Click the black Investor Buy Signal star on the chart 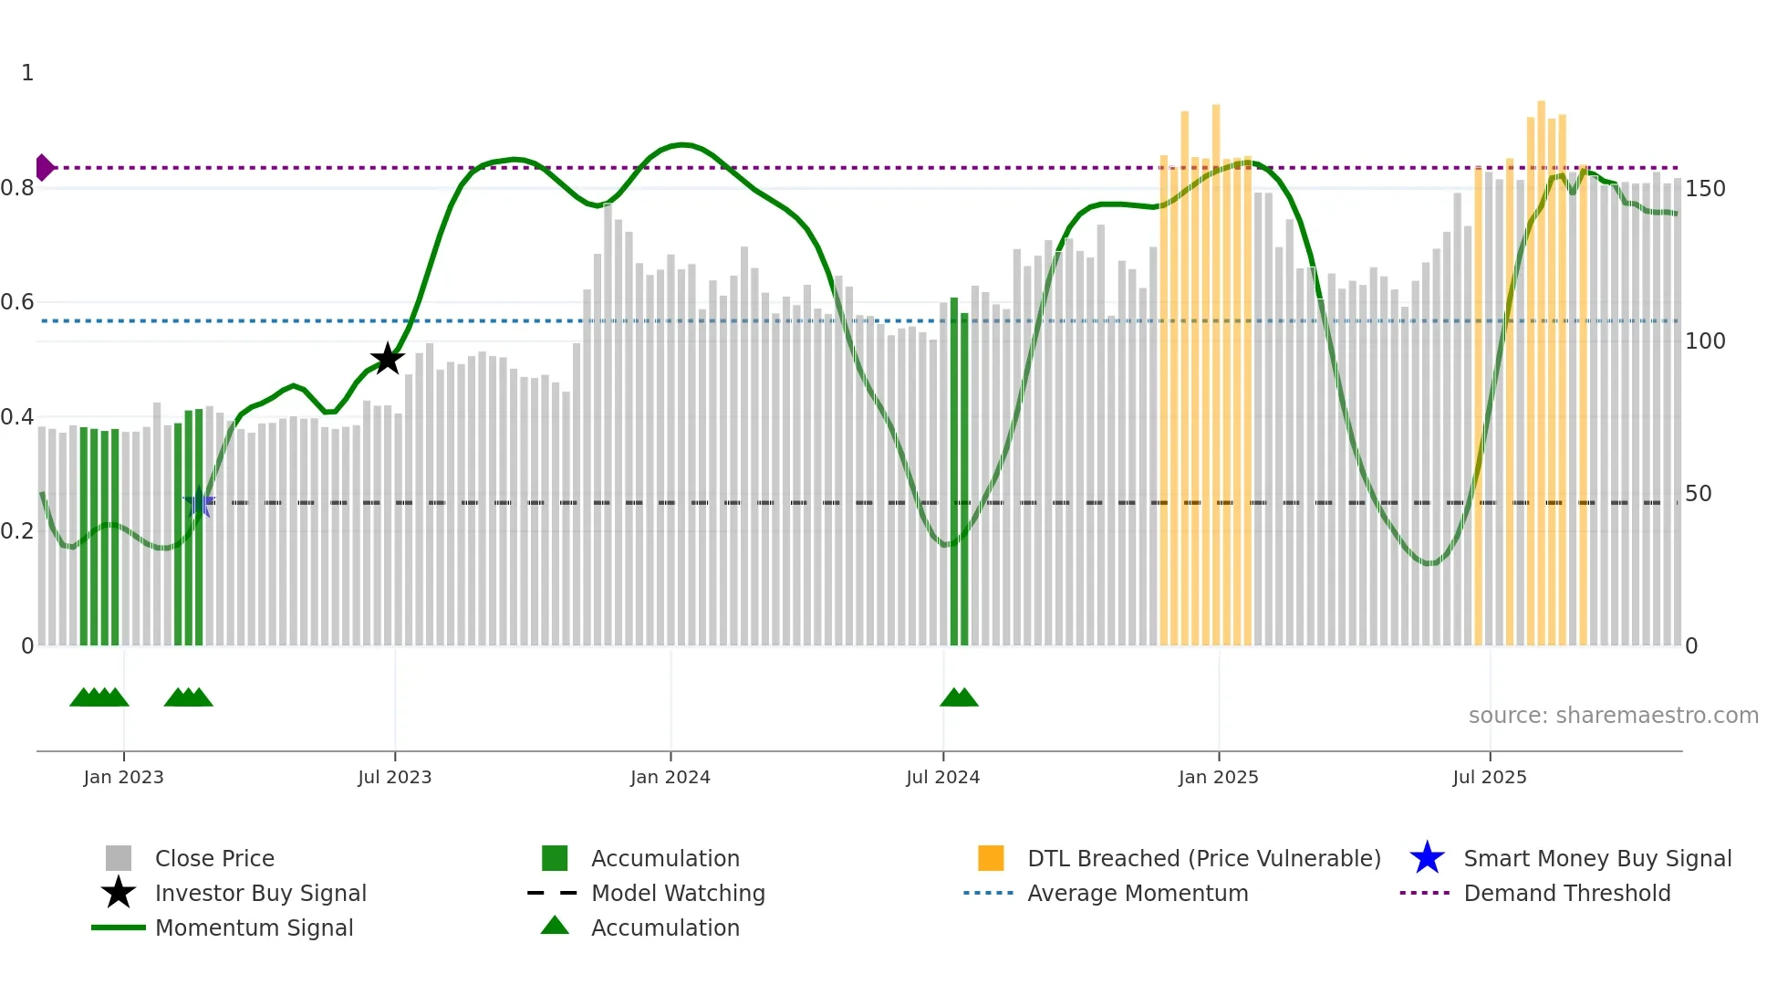click(x=388, y=359)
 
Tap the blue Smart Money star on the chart click(x=199, y=502)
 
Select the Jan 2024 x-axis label click(x=670, y=777)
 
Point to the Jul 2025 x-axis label click(x=1489, y=777)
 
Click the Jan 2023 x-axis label click(x=123, y=777)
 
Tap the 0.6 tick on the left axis click(x=17, y=302)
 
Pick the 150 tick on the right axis click(x=1705, y=189)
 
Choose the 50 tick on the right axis click(x=1698, y=494)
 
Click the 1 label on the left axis click(x=27, y=73)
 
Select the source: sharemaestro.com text click(x=1613, y=716)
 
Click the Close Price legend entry click(x=214, y=858)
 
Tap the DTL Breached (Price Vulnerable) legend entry click(x=1203, y=858)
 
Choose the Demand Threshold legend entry click(x=1566, y=893)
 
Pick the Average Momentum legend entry click(x=1137, y=893)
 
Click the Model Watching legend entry click(x=677, y=893)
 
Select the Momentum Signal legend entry click(x=254, y=927)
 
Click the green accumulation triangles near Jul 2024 click(x=959, y=698)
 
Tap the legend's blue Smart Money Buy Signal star click(x=1427, y=858)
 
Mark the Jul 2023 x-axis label click(x=394, y=777)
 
